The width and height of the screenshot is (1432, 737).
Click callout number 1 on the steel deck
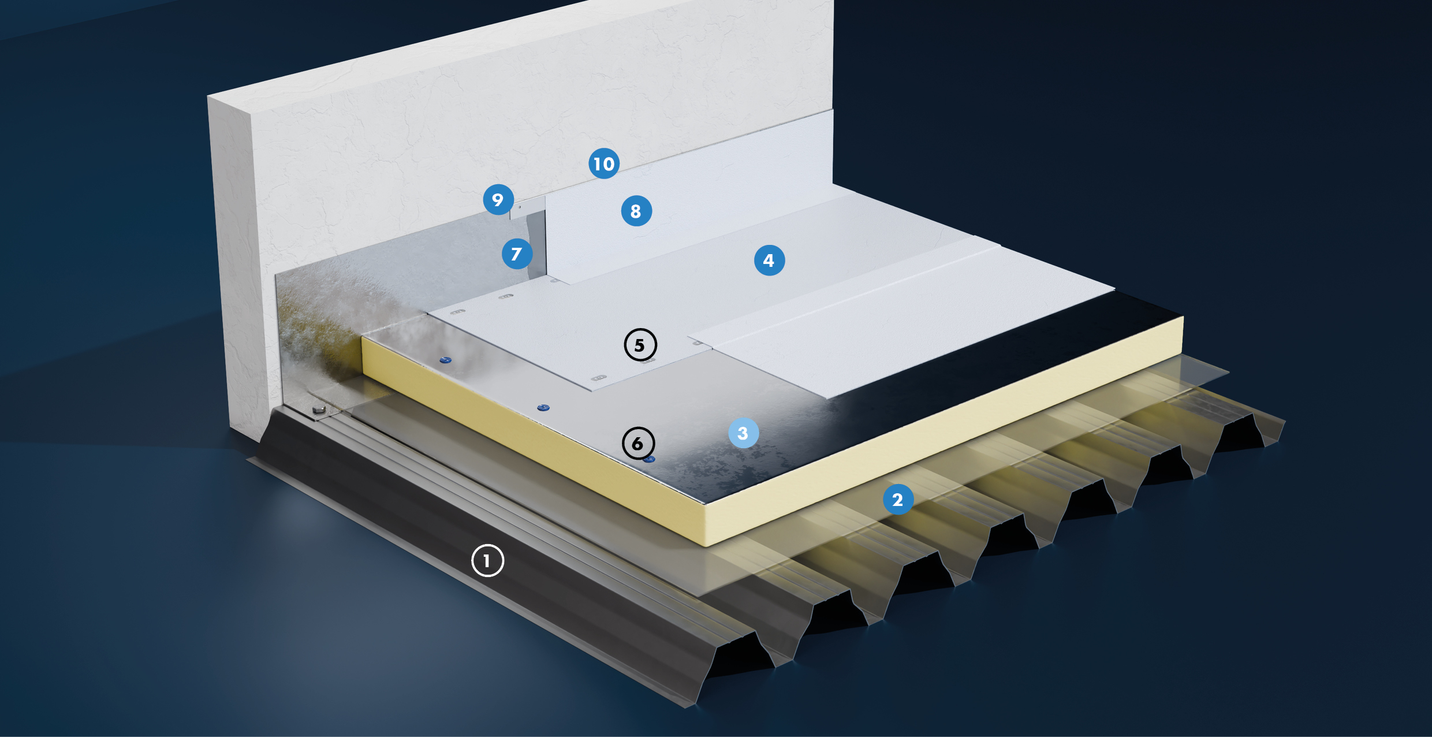[487, 560]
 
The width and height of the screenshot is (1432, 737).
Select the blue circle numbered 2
[898, 500]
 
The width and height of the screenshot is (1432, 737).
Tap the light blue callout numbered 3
[743, 433]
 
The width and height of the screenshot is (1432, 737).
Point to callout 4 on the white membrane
[769, 260]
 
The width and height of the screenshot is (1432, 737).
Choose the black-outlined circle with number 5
[640, 345]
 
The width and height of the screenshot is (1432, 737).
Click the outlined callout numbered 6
[638, 444]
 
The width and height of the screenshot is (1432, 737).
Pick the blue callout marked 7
[517, 254]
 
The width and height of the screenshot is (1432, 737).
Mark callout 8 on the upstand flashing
[636, 211]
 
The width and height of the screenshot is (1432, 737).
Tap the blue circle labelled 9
[498, 200]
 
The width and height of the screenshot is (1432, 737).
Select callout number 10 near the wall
[604, 163]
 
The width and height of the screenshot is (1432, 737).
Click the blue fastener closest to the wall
[445, 360]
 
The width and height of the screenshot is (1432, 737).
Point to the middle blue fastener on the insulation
[543, 408]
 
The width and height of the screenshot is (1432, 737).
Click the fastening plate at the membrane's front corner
[599, 378]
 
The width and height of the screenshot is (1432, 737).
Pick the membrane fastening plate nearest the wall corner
[458, 312]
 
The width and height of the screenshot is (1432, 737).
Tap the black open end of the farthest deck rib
[1241, 433]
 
